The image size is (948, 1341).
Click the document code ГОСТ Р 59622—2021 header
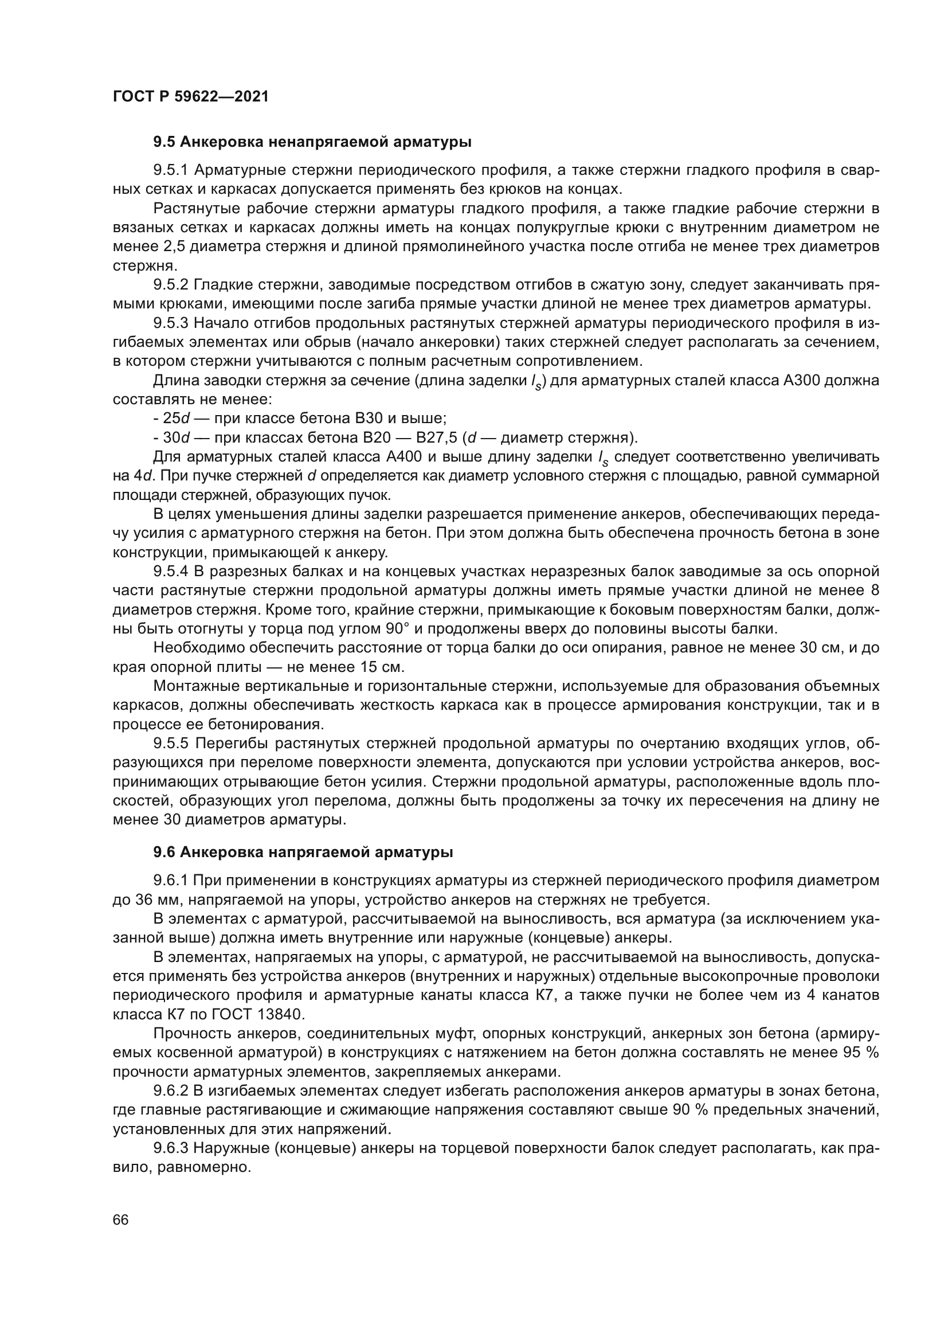coord(190,96)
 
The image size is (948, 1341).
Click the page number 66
coord(121,1219)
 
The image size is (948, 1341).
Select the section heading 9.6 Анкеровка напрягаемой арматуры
coord(303,852)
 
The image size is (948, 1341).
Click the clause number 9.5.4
coord(170,570)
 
